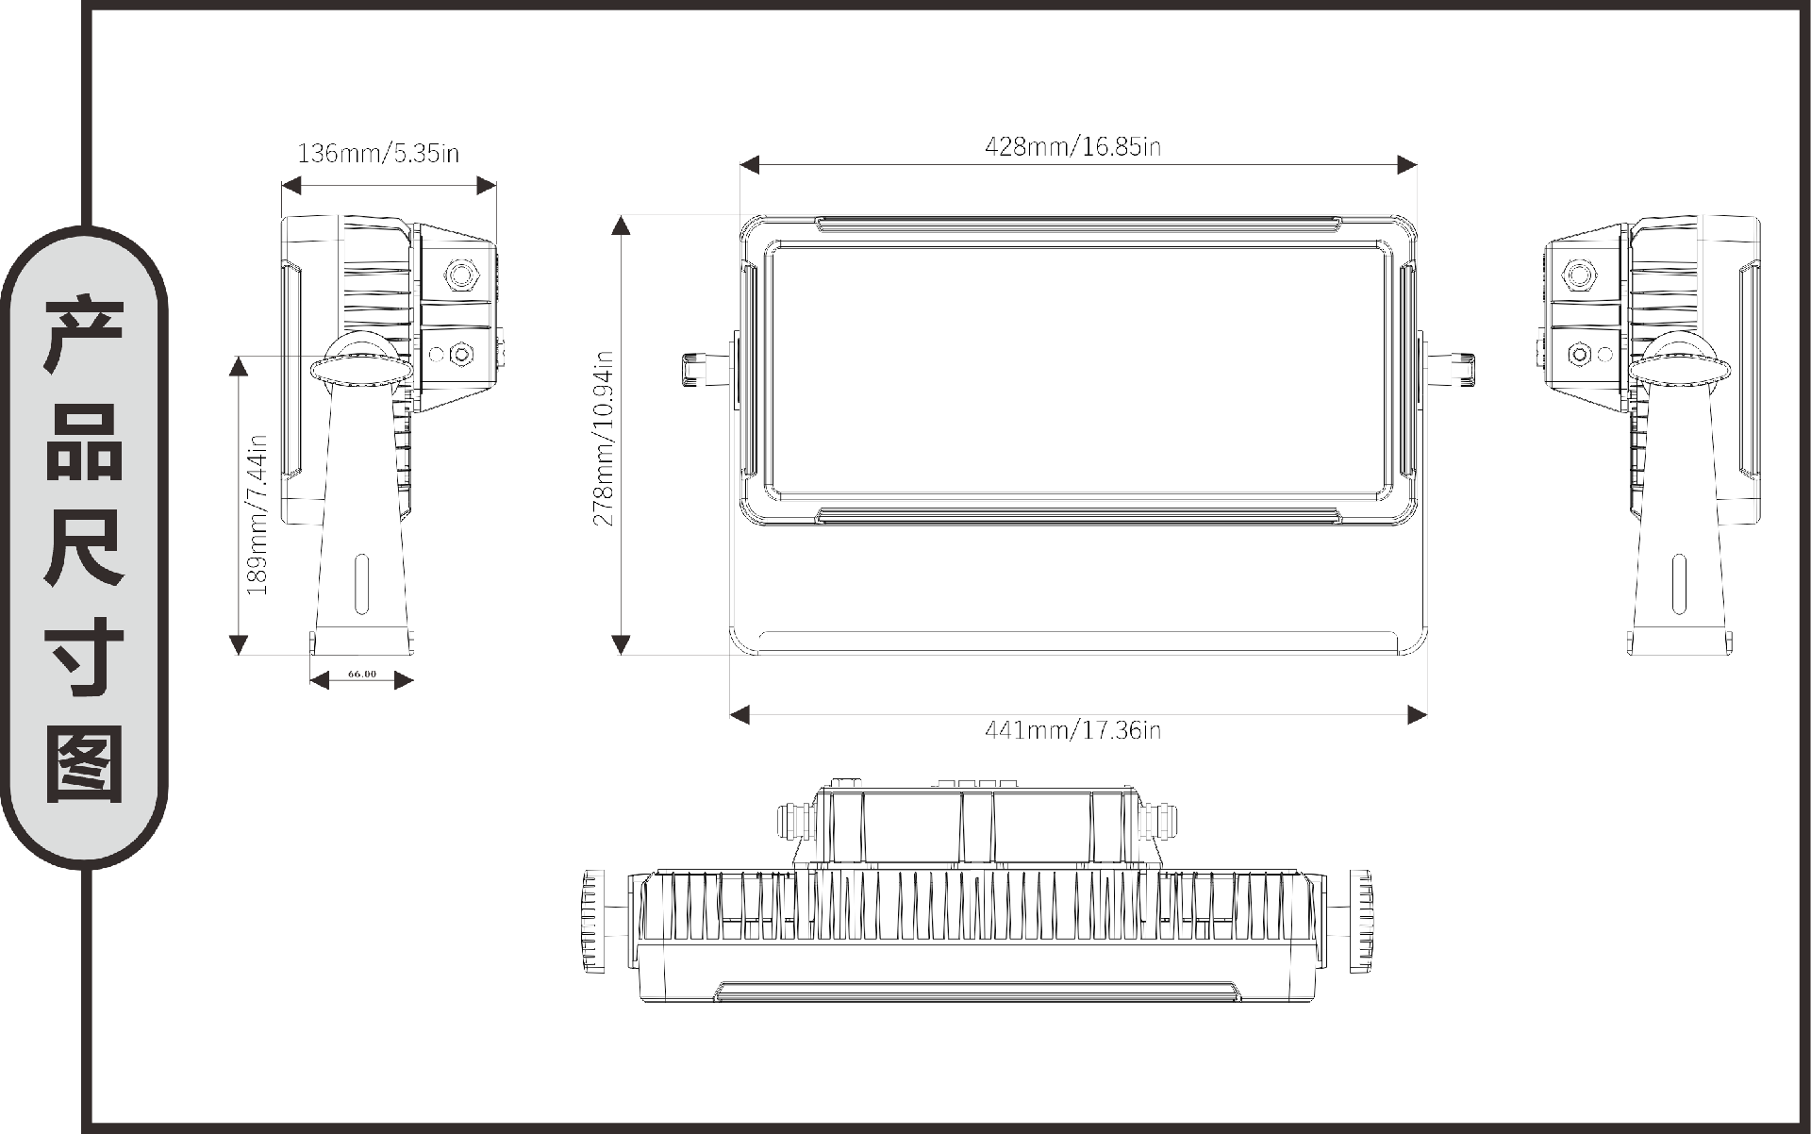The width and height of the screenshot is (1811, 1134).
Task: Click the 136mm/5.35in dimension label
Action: (378, 153)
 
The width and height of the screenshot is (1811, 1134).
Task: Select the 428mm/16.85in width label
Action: (1072, 146)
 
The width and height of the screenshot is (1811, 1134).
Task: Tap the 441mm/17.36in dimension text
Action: (1072, 729)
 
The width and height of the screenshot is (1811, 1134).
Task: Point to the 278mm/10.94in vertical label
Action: (604, 438)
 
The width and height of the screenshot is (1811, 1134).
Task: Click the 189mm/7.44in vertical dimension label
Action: (257, 514)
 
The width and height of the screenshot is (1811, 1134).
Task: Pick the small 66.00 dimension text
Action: (362, 674)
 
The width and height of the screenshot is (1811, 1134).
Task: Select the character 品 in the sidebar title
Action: (84, 442)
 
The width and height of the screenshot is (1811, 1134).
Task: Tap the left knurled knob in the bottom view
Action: (595, 922)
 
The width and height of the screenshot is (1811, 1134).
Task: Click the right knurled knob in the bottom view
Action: (1360, 922)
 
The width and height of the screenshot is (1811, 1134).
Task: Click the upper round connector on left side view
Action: (461, 275)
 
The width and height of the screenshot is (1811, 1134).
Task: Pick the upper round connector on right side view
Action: (1579, 275)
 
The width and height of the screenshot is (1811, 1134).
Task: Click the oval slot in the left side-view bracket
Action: (362, 584)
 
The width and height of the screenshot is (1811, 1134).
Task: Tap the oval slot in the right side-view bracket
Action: (1678, 584)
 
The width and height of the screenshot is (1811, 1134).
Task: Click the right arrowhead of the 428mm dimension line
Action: (1407, 165)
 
